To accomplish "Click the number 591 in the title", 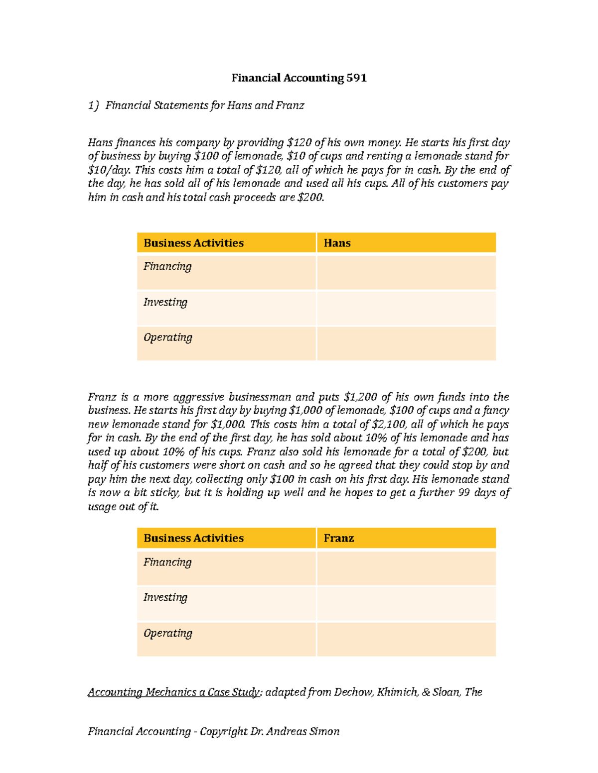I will (356, 78).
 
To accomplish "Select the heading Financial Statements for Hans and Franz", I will (204, 106).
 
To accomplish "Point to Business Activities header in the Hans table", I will (193, 243).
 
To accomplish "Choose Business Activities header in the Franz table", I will (193, 538).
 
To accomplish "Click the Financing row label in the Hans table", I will (167, 266).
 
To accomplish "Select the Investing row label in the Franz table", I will (165, 597).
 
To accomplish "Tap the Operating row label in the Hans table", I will (168, 337).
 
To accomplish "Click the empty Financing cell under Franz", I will (406, 568).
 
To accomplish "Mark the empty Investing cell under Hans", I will (406, 308).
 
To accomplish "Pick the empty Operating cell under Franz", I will (406, 639).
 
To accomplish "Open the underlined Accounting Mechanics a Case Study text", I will (174, 692).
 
